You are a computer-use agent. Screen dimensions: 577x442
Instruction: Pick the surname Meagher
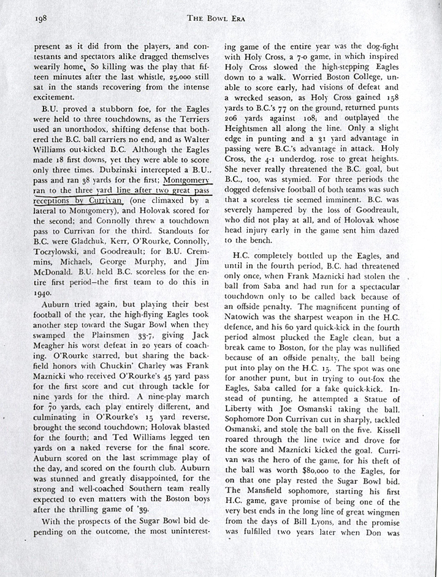53,347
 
